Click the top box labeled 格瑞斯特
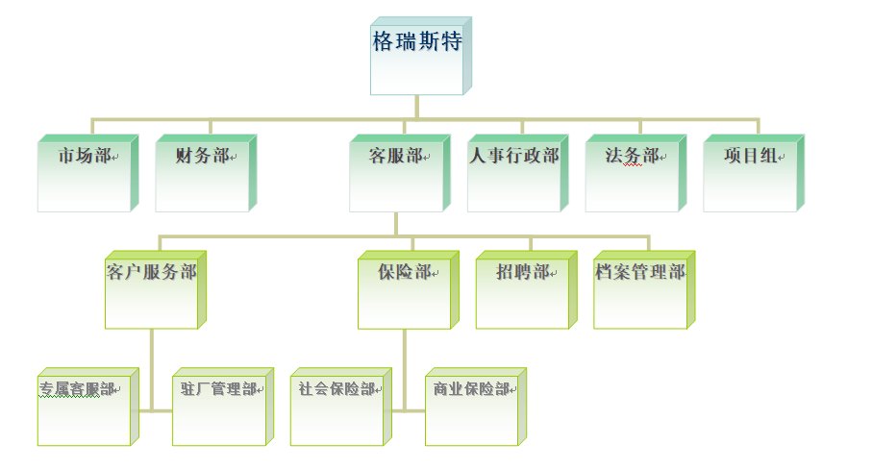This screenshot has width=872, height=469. point(417,58)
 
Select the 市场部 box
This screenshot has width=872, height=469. point(84,175)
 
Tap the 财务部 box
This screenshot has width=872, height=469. point(202,175)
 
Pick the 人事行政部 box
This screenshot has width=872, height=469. point(514,175)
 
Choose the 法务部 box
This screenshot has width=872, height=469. point(632,175)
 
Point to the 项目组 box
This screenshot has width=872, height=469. point(750,175)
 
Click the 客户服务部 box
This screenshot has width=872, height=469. point(152,291)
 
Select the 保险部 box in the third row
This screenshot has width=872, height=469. point(405,291)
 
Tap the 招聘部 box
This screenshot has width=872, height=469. point(522,291)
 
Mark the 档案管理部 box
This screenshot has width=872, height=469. point(640,291)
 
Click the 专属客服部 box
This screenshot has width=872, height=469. point(84,407)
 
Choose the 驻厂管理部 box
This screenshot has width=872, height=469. point(218,407)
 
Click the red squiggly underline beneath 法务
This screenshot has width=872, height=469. point(632,165)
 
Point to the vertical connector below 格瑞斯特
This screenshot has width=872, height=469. point(417,108)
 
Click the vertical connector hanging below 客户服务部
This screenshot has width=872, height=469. point(152,370)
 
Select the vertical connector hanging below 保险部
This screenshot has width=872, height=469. point(405,370)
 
